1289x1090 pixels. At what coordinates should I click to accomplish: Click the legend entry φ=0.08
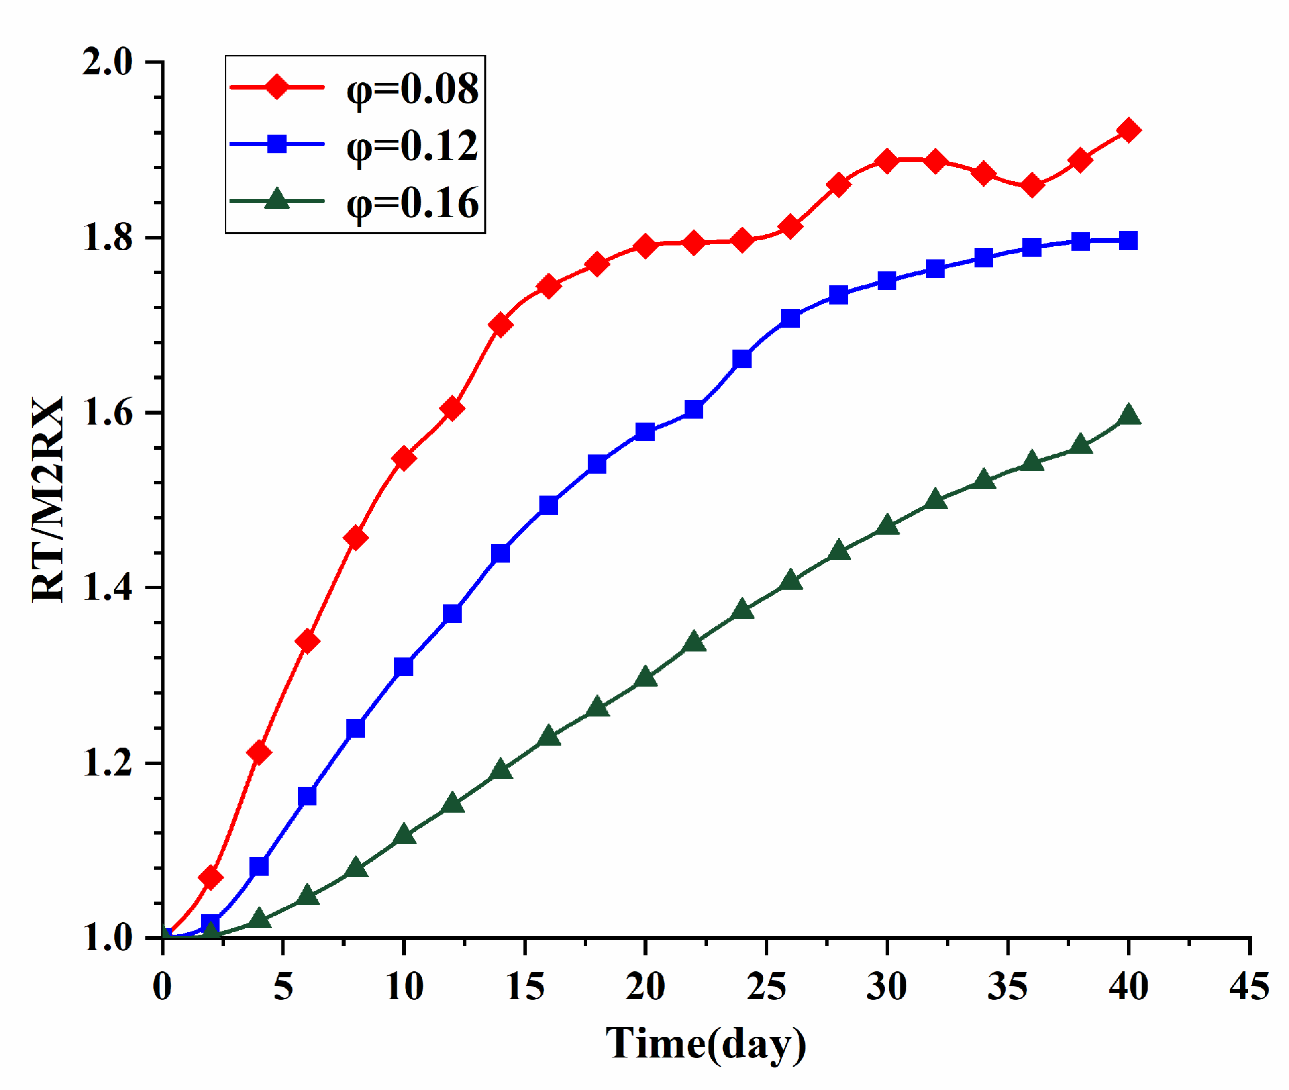(412, 88)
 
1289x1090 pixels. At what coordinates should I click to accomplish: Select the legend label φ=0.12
(412, 145)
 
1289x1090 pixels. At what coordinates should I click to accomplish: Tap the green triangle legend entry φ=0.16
(412, 202)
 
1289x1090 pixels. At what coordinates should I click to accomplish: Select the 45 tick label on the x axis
(1249, 987)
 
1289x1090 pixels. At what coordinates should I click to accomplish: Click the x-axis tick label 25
(766, 987)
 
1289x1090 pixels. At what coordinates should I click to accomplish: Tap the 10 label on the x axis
(404, 987)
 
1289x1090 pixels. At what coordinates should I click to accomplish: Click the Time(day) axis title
(705, 1044)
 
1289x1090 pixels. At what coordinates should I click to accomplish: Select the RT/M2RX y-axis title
(48, 499)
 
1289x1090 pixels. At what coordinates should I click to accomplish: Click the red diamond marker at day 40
(1128, 130)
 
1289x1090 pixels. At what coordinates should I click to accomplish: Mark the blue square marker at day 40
(1128, 240)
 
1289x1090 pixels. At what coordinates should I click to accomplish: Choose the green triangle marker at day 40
(1128, 416)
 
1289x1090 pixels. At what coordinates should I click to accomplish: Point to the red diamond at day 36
(1032, 186)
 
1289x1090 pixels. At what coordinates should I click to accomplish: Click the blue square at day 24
(742, 359)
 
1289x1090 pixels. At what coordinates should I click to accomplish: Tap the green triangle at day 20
(645, 677)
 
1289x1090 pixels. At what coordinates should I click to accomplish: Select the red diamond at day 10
(404, 458)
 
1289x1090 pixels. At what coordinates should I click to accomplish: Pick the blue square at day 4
(259, 866)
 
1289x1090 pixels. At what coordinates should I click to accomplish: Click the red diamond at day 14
(500, 325)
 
